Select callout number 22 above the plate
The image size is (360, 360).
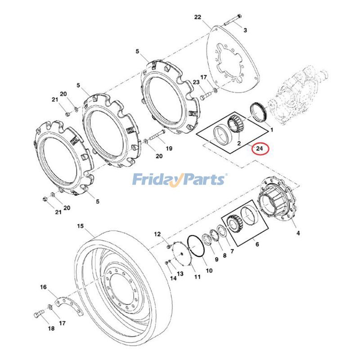pyautogui.click(x=198, y=18)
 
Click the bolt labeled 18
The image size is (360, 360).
pyautogui.click(x=37, y=314)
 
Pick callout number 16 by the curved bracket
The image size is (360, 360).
pyautogui.click(x=43, y=287)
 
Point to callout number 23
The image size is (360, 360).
pyautogui.click(x=196, y=82)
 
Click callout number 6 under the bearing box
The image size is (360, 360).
pyautogui.click(x=257, y=244)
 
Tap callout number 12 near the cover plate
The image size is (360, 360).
pyautogui.click(x=157, y=234)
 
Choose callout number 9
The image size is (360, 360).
pyautogui.click(x=216, y=259)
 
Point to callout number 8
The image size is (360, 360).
pyautogui.click(x=225, y=255)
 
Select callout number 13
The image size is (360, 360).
pyautogui.click(x=180, y=273)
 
